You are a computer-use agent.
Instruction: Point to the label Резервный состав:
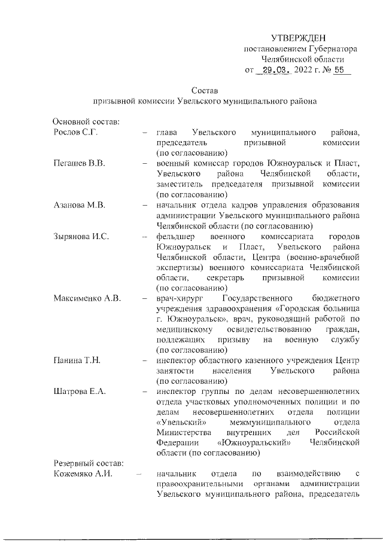88,463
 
